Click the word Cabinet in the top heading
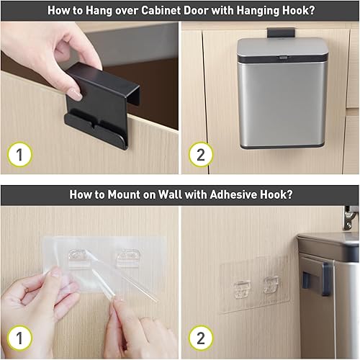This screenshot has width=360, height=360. point(171,10)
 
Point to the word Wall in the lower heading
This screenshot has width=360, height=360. point(168,194)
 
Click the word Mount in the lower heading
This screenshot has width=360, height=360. point(122,194)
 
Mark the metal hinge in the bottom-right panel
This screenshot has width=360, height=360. point(351,215)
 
